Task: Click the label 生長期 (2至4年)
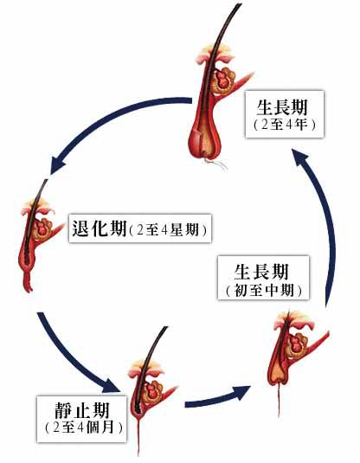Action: [x=285, y=114]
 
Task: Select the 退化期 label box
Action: [x=140, y=228]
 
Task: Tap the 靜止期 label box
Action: [x=81, y=419]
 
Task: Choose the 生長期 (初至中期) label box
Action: [x=263, y=278]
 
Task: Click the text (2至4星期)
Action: [x=169, y=230]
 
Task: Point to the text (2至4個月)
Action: [x=84, y=428]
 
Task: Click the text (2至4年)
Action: [x=285, y=125]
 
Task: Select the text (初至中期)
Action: [x=264, y=291]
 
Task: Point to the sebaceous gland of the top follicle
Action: [x=224, y=80]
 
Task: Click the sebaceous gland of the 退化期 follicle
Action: [x=43, y=228]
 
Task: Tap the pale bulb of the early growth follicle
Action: [x=278, y=373]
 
